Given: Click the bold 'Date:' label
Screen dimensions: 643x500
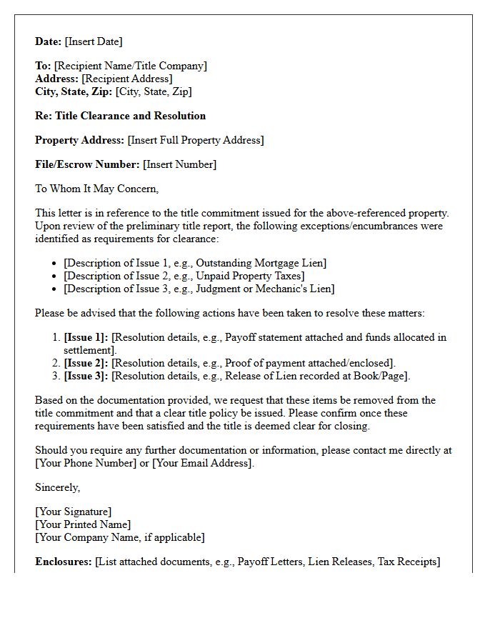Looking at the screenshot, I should (x=49, y=41).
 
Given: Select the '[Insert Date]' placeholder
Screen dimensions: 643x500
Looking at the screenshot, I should (x=94, y=41).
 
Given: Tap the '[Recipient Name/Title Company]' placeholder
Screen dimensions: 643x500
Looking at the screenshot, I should (x=130, y=66).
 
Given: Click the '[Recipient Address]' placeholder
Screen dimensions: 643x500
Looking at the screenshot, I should (x=126, y=79).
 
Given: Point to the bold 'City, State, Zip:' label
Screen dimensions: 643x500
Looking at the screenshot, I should (x=74, y=91).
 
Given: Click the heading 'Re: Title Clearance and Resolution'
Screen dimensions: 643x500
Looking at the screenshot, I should (x=120, y=116).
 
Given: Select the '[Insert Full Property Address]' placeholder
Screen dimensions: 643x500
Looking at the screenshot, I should (x=195, y=140).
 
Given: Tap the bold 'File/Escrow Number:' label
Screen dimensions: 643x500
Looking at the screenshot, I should (x=87, y=164).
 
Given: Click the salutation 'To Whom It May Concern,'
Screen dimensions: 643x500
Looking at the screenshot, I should (x=96, y=189).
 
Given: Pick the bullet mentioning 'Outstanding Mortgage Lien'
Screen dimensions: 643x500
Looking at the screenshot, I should (x=194, y=263).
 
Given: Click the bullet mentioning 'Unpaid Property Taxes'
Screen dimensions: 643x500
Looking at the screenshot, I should (x=184, y=276).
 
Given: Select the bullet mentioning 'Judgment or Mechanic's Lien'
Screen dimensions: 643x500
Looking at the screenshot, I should (x=199, y=289).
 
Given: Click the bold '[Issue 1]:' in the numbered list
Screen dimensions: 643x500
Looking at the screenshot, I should (x=86, y=337).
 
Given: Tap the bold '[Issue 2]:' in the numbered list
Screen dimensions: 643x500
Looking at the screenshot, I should (x=86, y=363).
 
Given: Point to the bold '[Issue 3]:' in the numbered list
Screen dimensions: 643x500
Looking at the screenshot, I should (x=86, y=376).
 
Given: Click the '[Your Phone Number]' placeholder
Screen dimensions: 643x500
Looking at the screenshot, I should (x=86, y=463).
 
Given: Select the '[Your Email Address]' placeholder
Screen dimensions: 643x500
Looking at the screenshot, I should (x=202, y=463).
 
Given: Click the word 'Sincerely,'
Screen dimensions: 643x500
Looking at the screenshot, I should (x=58, y=487).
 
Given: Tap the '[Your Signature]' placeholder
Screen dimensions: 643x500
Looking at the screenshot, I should (x=73, y=512).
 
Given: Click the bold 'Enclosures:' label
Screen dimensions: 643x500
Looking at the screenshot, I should (x=64, y=562).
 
